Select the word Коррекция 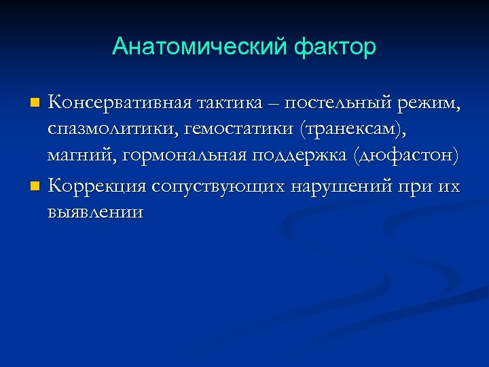[97, 185]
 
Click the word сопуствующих [219, 185]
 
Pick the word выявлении [94, 211]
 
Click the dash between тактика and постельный [272, 104]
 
